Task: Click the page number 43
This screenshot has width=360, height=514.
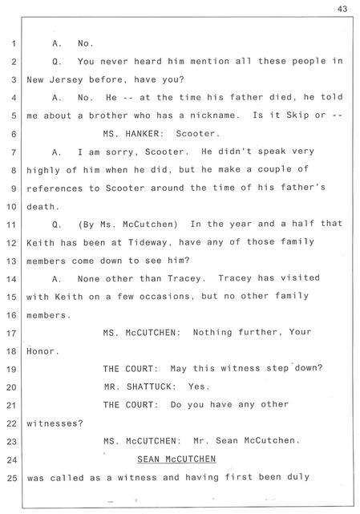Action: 342,9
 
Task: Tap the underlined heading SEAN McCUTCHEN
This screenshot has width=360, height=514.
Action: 176,459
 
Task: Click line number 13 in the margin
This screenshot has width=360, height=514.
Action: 11,261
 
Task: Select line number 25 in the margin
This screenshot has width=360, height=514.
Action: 11,478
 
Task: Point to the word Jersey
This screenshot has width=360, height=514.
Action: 66,79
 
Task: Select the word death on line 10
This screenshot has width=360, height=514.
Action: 41,207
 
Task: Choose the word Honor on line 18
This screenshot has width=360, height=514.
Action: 41,351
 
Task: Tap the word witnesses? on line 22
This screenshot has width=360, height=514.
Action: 55,423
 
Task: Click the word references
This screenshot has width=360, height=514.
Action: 55,188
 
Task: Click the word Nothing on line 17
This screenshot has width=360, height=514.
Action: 212,333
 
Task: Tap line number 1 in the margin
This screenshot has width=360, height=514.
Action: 14,43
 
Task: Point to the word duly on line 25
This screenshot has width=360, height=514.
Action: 298,477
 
